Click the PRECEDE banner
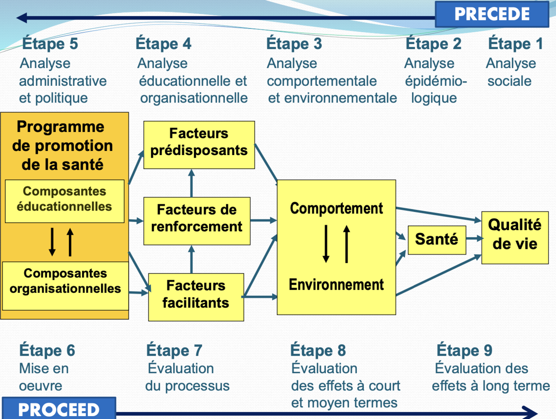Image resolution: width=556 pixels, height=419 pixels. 492,14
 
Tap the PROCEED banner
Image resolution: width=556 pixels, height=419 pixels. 59,409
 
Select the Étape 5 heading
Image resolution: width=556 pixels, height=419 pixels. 50,44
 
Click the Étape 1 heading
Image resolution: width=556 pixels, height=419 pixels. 515,44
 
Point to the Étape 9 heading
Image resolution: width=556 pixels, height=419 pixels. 464,350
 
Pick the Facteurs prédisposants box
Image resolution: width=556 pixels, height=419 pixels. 199,144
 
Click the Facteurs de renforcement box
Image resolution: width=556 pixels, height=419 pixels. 197,221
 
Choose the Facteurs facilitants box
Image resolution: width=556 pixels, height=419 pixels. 196,297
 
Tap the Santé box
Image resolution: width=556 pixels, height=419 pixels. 436,240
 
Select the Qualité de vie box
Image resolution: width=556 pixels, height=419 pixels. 515,237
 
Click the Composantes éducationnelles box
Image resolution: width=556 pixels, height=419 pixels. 64,201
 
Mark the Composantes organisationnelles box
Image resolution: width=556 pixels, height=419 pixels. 65,285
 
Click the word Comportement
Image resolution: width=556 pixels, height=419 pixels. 336,208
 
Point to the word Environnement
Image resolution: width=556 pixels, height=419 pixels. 336,285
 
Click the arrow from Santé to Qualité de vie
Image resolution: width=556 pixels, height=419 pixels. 474,238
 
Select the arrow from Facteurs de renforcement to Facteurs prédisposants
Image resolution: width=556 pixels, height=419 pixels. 191,183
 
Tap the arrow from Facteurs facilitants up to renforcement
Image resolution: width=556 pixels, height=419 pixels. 191,259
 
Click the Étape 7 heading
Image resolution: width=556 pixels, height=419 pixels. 174,350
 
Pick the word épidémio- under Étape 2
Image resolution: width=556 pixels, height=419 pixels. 436,81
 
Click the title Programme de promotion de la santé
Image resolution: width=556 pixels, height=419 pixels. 63,146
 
